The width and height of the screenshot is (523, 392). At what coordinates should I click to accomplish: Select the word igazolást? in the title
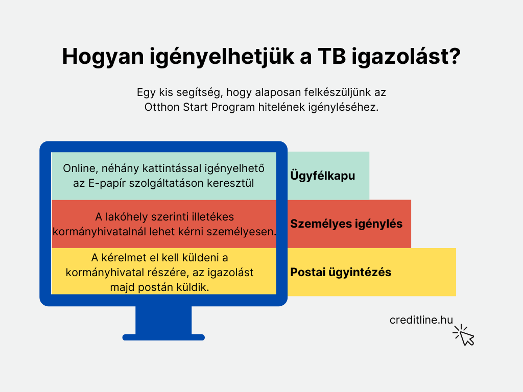[406, 57]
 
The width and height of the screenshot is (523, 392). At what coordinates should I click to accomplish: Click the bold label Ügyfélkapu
[323, 176]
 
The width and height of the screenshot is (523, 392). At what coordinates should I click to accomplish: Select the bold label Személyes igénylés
[346, 224]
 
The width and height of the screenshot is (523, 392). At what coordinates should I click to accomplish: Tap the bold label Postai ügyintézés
[341, 272]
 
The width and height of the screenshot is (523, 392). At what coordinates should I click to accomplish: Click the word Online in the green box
[80, 168]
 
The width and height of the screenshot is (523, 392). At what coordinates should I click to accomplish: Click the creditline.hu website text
[421, 320]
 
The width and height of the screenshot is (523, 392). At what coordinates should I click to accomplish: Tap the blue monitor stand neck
[163, 320]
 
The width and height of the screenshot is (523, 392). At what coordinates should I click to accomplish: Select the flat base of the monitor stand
[163, 337]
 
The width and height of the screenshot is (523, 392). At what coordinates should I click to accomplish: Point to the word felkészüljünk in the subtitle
[320, 92]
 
